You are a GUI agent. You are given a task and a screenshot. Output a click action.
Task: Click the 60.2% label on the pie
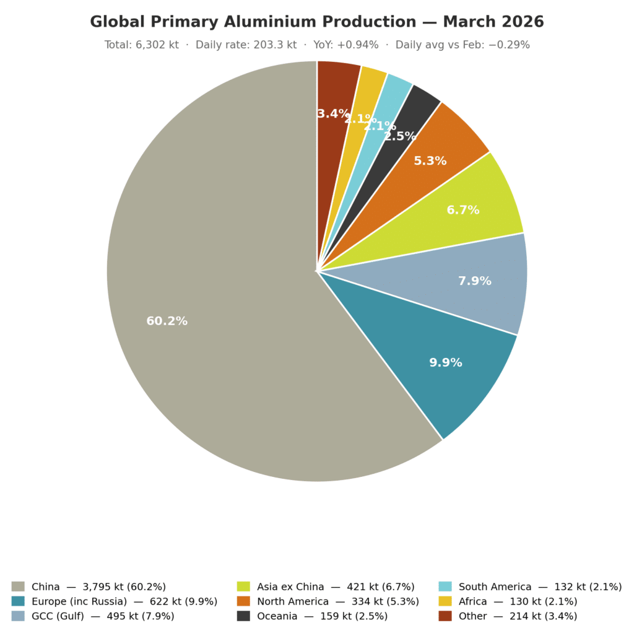[167, 321]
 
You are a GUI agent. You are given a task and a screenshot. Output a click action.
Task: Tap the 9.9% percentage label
[446, 363]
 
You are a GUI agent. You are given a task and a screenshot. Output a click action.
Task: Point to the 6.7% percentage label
[463, 211]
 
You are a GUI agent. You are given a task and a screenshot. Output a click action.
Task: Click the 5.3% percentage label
[430, 161]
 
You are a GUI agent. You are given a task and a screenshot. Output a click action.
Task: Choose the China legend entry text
[98, 587]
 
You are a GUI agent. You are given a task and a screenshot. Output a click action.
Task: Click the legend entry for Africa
[518, 601]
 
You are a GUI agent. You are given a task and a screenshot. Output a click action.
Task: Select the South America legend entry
[540, 587]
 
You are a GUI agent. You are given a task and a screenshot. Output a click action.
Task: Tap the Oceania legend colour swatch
[243, 616]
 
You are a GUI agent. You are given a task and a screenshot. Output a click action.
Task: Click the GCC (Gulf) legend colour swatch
[18, 616]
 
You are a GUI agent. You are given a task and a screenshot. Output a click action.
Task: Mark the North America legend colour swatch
[243, 601]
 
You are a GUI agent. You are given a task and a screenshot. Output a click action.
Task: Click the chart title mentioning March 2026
[317, 22]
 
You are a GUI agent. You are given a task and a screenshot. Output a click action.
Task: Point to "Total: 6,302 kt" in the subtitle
[141, 45]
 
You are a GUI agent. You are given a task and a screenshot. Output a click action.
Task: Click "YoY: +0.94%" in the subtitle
[346, 45]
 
